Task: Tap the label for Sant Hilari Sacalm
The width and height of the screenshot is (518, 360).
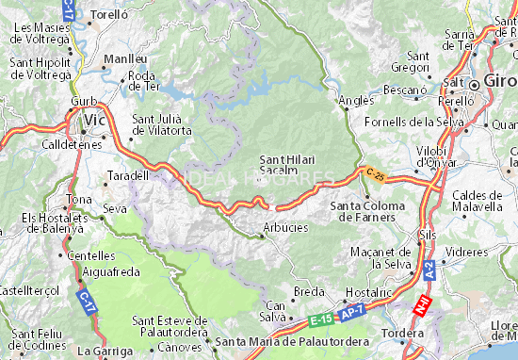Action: [286, 165]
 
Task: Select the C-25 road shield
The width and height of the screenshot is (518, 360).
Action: [376, 174]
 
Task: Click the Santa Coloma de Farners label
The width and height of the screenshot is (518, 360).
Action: [368, 211]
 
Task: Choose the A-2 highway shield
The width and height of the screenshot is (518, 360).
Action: [429, 269]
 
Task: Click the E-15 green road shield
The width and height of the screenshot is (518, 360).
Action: [320, 321]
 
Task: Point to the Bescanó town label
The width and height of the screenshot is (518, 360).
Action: [406, 90]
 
